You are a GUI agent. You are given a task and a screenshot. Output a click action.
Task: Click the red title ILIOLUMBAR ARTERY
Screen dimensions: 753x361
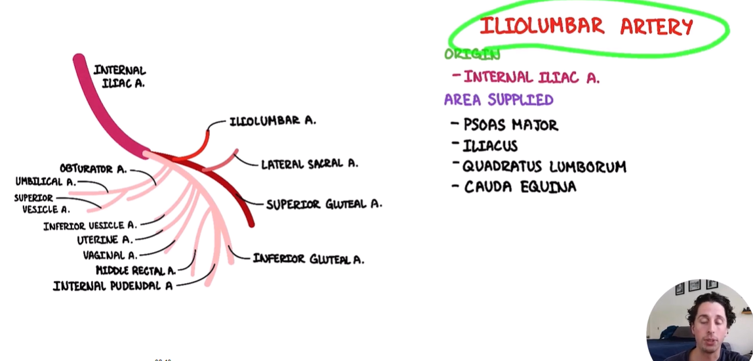pos(586,27)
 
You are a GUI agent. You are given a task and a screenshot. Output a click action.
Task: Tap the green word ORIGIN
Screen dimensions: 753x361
pos(472,54)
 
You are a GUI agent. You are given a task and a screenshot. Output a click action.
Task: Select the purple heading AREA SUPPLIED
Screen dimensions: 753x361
pos(499,100)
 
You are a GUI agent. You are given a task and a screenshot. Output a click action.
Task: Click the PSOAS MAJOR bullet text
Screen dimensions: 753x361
pos(511,125)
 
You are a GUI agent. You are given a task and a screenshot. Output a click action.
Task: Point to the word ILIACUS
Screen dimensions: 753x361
pos(491,146)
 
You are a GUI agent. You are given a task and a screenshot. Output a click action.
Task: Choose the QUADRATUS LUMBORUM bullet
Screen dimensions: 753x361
pos(544,167)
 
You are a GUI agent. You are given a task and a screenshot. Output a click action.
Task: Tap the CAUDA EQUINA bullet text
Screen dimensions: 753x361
pos(520,187)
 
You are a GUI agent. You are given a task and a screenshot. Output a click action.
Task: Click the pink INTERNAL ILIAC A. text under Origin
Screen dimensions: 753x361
pos(531,77)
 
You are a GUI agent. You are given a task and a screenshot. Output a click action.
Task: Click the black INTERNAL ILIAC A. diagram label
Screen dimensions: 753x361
pos(119,76)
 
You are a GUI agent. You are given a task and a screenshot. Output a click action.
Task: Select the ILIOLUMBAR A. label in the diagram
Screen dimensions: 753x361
pos(273,121)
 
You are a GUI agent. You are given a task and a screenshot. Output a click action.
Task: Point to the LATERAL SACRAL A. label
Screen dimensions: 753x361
pos(310,164)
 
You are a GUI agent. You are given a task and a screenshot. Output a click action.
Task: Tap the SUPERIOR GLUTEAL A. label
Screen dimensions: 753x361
pos(324,204)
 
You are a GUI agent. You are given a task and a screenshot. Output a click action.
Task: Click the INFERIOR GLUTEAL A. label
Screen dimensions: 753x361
pos(308,259)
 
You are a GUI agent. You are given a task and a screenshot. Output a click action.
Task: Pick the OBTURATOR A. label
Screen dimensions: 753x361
pos(93,169)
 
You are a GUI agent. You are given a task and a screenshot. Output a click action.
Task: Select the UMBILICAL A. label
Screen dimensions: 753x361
pos(46,182)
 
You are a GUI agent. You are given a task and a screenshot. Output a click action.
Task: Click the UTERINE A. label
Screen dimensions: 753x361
pos(105,240)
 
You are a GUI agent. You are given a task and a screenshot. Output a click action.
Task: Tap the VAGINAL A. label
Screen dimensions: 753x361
pos(110,255)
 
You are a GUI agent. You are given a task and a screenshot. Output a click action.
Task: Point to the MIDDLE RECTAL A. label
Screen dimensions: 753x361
pos(136,270)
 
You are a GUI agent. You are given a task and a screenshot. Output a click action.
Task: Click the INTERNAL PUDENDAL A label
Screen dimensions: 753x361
pos(113,286)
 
